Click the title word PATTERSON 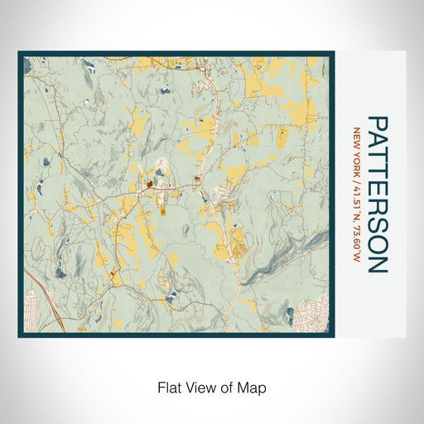click(x=376, y=195)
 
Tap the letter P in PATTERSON click(x=376, y=123)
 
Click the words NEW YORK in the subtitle click(x=356, y=144)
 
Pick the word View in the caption click(x=202, y=387)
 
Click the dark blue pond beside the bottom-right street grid click(x=290, y=312)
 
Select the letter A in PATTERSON click(x=376, y=141)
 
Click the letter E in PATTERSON click(x=376, y=193)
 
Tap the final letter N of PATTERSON click(x=376, y=264)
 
